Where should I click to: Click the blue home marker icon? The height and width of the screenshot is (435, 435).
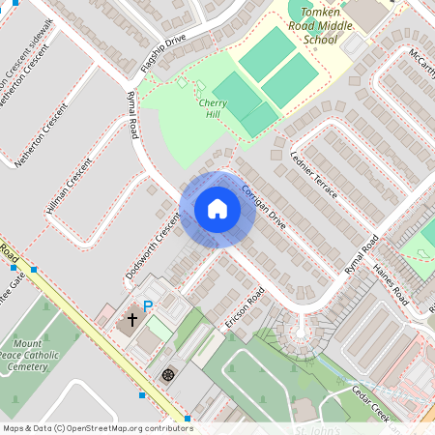217,209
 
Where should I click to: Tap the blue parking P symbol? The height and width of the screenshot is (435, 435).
148,306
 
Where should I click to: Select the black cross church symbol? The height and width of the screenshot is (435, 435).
132,320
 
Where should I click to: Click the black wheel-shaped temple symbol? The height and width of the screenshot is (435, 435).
169,373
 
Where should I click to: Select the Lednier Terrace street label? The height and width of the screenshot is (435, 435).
314,173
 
